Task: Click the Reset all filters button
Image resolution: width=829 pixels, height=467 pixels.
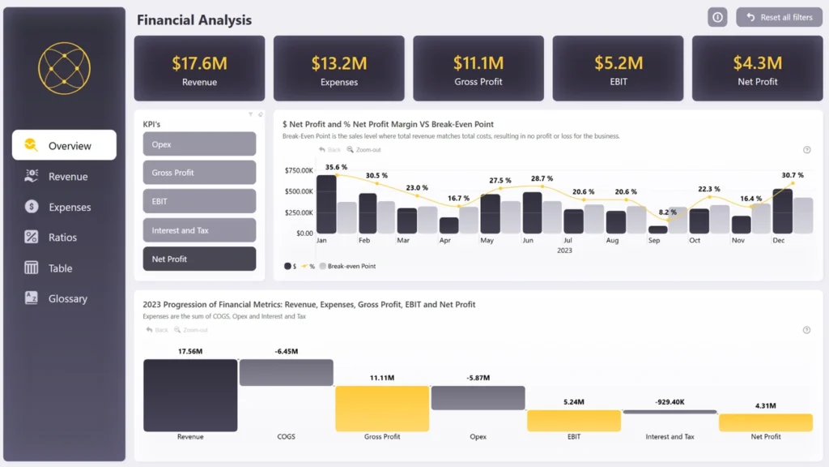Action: click(779, 17)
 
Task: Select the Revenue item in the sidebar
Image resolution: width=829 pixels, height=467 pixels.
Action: click(67, 177)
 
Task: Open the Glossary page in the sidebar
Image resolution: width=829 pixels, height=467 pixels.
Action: click(67, 298)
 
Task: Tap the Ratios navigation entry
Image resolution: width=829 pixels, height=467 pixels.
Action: click(62, 238)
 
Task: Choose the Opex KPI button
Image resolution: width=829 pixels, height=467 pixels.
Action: click(199, 144)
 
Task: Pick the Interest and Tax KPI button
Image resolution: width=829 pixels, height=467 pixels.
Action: click(199, 230)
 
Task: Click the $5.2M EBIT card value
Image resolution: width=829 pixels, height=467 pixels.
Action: click(619, 62)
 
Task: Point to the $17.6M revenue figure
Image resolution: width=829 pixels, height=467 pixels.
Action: click(199, 62)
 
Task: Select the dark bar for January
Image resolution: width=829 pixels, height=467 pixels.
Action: click(325, 205)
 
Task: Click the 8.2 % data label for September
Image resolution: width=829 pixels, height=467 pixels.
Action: click(668, 212)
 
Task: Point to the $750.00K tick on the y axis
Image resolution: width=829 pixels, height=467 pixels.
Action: click(299, 170)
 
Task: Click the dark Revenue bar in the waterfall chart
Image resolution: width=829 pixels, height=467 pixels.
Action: click(190, 396)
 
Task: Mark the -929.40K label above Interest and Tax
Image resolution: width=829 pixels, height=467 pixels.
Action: click(670, 401)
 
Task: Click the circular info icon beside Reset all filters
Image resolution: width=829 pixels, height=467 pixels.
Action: click(717, 17)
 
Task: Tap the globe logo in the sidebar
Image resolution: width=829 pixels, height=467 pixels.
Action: click(64, 68)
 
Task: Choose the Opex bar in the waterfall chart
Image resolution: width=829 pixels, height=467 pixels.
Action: click(478, 397)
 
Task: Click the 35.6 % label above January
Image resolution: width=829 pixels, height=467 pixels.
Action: click(336, 167)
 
